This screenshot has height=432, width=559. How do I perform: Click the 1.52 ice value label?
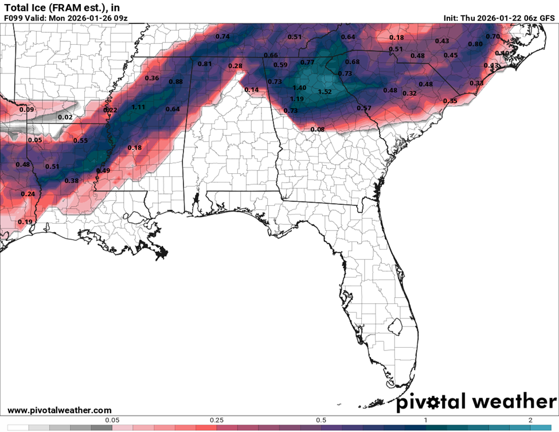[x=325, y=92]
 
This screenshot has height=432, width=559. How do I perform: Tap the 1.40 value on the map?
[x=299, y=88]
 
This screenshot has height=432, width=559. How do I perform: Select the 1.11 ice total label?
[x=138, y=107]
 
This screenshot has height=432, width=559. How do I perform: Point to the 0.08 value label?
[x=318, y=129]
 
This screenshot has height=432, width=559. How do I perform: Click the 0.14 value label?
[x=252, y=90]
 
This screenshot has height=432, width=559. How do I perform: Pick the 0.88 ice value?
[x=175, y=82]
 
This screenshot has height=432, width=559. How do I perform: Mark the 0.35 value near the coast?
[x=450, y=101]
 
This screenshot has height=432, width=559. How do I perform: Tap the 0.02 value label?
[x=65, y=118]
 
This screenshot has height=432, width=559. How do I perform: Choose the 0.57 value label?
[x=364, y=108]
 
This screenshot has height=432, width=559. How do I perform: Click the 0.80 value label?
[x=475, y=44]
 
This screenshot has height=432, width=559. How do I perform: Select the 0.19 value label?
[x=25, y=222]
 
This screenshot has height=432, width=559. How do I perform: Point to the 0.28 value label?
[x=235, y=66]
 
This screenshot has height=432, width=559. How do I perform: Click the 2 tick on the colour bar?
[x=530, y=420]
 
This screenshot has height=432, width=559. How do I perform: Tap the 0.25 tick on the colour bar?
[x=217, y=420]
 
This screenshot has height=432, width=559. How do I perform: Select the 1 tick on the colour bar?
[x=425, y=420]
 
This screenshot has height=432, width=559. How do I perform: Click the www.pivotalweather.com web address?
[x=60, y=410]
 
